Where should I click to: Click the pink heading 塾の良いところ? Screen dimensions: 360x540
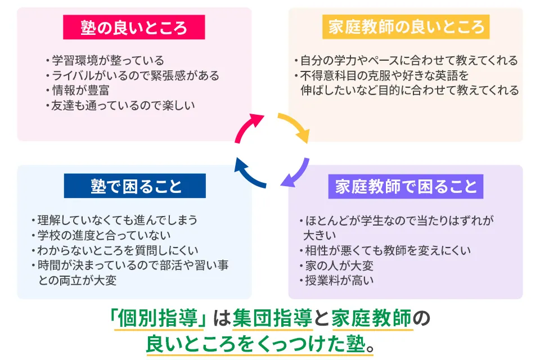(134, 27)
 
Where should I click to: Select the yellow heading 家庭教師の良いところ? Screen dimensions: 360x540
(406, 27)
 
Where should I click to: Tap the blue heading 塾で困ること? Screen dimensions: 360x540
(134, 186)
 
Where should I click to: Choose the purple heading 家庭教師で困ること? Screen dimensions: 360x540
(406, 186)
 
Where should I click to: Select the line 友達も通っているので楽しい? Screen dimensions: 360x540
(119, 105)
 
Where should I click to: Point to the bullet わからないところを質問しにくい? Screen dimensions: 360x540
(115, 250)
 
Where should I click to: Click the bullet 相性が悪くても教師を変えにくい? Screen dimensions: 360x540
(385, 250)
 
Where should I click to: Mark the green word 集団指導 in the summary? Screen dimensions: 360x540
(272, 318)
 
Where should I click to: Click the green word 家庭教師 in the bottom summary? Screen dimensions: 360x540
(372, 318)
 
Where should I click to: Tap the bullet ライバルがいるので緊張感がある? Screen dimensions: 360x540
(132, 75)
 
